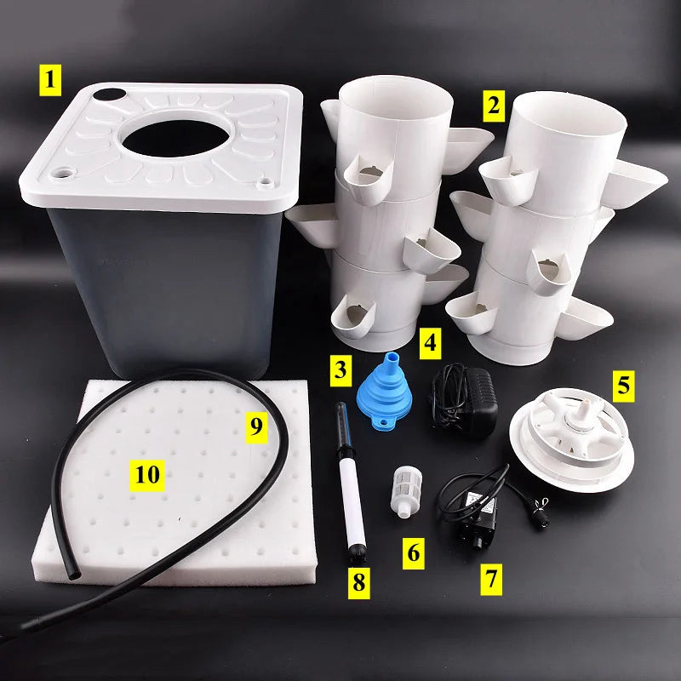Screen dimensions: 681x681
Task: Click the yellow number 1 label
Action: click(50, 80)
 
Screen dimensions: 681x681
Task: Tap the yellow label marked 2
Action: click(494, 106)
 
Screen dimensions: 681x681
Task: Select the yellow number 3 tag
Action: click(340, 370)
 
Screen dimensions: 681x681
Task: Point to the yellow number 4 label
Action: click(430, 344)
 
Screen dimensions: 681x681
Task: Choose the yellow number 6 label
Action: click(413, 552)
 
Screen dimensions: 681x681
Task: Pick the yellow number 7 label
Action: click(491, 580)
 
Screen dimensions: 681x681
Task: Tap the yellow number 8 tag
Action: click(358, 583)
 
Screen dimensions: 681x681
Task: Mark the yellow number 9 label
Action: click(256, 427)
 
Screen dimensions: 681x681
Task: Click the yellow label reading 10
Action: click(147, 475)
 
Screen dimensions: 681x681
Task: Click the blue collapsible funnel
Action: click(385, 391)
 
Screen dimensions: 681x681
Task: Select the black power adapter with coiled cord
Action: click(464, 400)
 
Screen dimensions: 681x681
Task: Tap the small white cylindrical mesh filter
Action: click(407, 492)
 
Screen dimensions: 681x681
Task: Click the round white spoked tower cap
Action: click(572, 439)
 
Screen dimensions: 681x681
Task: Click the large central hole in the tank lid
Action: click(175, 138)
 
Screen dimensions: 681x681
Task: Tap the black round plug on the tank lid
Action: click(110, 94)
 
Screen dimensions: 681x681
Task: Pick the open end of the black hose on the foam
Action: click(74, 575)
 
